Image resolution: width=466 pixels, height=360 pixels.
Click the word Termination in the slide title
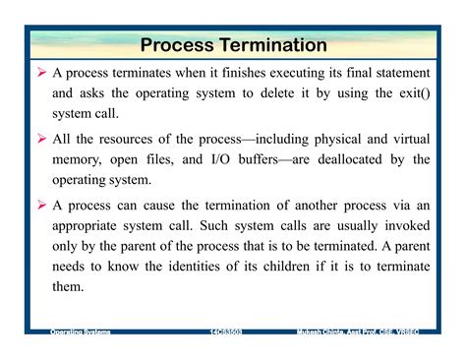[269, 45]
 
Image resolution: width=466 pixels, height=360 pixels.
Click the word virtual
[408, 139]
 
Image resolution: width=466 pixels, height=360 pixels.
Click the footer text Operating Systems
[81, 334]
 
